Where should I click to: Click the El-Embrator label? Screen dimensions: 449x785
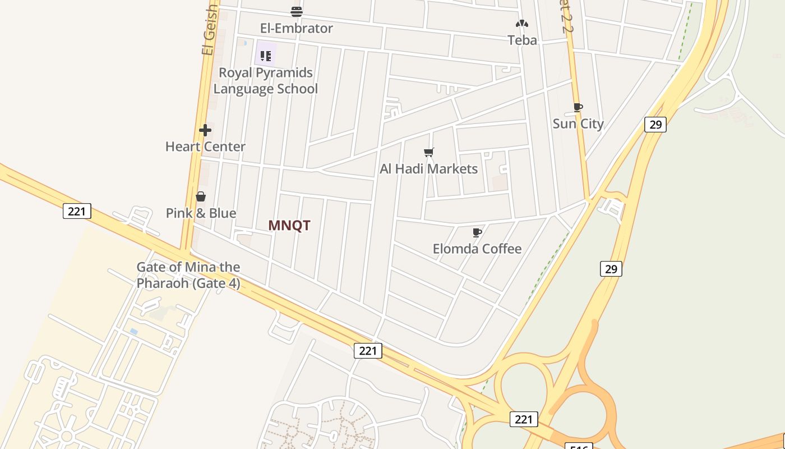[296, 28]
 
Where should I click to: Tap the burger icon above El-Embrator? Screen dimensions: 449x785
[297, 11]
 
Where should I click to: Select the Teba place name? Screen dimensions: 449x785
[522, 40]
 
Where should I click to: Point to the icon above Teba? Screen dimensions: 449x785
[522, 24]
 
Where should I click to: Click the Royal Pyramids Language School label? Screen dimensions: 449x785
[265, 81]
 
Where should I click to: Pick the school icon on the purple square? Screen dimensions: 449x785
[266, 56]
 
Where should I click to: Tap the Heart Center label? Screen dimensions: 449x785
[205, 146]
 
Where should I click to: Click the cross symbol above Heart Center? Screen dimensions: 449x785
[205, 130]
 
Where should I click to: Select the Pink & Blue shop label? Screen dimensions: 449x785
[201, 213]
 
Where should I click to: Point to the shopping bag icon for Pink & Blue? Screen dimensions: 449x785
[201, 196]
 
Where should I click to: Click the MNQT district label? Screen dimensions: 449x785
[289, 226]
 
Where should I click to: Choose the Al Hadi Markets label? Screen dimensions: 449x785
[428, 169]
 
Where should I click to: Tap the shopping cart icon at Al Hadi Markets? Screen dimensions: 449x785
[429, 152]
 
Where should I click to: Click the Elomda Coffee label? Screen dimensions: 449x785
[477, 249]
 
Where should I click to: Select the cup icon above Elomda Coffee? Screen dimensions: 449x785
[477, 232]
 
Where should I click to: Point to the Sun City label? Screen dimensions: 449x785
[578, 123]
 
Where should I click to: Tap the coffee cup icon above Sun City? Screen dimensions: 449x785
[578, 107]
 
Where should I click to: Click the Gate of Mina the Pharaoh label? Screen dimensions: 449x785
[188, 275]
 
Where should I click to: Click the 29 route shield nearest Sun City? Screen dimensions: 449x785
[655, 124]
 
